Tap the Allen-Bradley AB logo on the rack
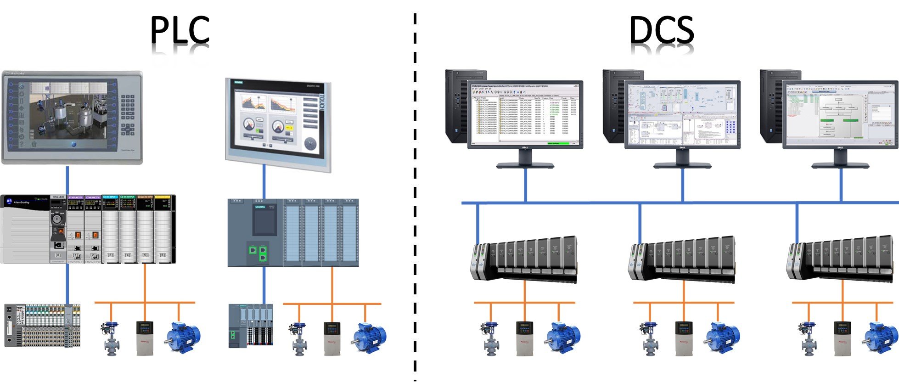coord(9,201)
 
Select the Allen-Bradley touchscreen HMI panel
coord(72,117)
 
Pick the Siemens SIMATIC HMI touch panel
coord(278,124)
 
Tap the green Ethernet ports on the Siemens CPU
coord(258,252)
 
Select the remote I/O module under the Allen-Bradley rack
coord(42,325)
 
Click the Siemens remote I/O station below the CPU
coord(251,325)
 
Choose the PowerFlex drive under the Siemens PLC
coord(332,338)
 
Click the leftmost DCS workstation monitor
coord(525,115)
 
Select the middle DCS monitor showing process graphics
coord(682,115)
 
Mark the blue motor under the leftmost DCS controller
coord(562,339)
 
